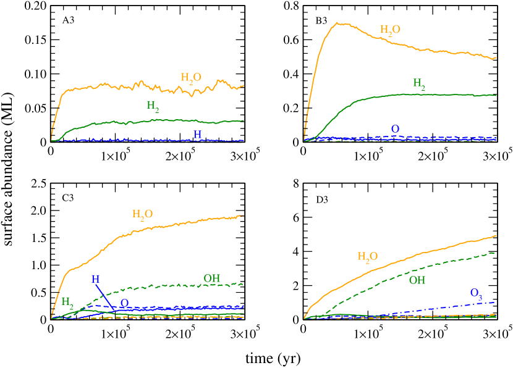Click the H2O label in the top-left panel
pyautogui.click(x=191, y=78)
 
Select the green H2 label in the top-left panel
pyautogui.click(x=153, y=106)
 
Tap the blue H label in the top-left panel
pyautogui.click(x=198, y=134)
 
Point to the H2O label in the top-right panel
pyautogui.click(x=390, y=30)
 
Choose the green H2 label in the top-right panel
pyautogui.click(x=419, y=83)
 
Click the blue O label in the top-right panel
pyautogui.click(x=395, y=128)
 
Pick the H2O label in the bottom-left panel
pyautogui.click(x=142, y=214)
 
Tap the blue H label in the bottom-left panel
pyautogui.click(x=96, y=279)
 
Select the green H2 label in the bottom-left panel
pyautogui.click(x=67, y=302)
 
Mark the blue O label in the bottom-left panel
pyautogui.click(x=124, y=303)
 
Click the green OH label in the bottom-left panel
pyautogui.click(x=212, y=278)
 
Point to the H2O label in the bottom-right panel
pyautogui.click(x=367, y=257)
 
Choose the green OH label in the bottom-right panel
pyautogui.click(x=417, y=280)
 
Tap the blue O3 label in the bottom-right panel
pyautogui.click(x=476, y=293)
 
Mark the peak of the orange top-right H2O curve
pyautogui.click(x=338, y=23)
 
